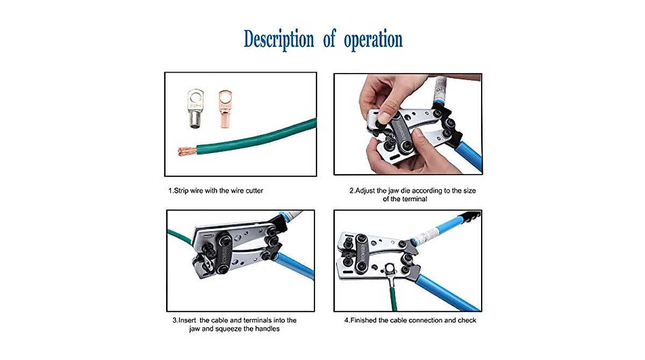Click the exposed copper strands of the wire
coord(187,150)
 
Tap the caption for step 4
coord(410,320)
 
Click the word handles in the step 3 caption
coord(267,328)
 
